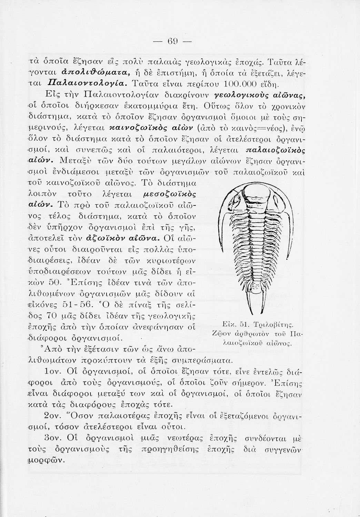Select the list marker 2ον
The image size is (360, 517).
click(x=53, y=415)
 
